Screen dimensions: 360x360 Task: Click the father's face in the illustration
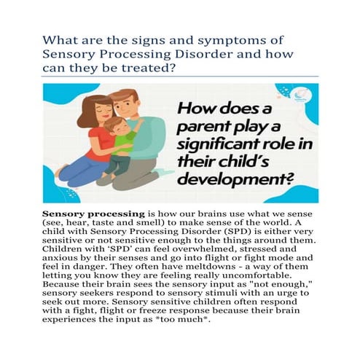click(126, 107)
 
